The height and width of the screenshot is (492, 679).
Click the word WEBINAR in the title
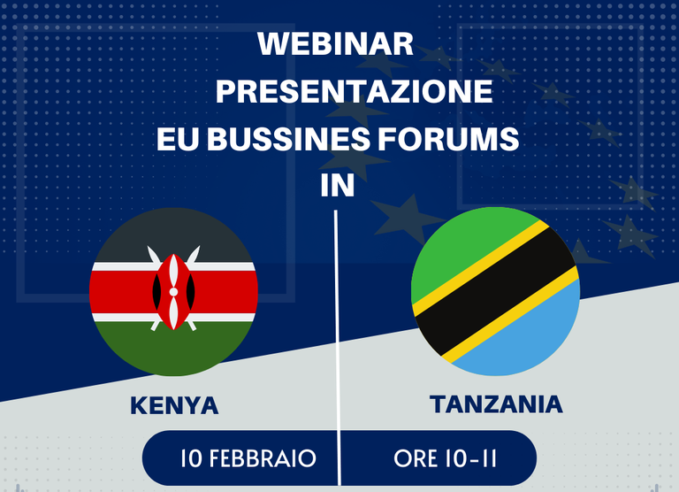click(336, 43)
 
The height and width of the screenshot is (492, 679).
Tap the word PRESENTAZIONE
click(355, 91)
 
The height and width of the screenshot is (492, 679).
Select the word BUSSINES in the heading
click(288, 139)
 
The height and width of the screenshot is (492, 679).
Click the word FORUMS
click(448, 139)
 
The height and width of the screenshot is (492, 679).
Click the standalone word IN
click(338, 186)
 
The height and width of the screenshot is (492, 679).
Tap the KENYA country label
click(174, 406)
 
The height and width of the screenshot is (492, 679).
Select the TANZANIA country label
click(496, 404)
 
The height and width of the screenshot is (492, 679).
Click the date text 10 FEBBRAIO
click(248, 458)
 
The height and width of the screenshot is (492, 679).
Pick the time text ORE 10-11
click(446, 458)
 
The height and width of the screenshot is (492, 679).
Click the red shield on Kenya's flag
click(173, 292)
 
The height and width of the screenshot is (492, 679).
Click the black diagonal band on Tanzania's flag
click(496, 291)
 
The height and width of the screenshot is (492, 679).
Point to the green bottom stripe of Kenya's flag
click(173, 349)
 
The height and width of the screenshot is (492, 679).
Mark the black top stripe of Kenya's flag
click(173, 234)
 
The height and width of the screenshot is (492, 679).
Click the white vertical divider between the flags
click(338, 348)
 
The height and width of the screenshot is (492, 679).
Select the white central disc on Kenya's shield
click(173, 292)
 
